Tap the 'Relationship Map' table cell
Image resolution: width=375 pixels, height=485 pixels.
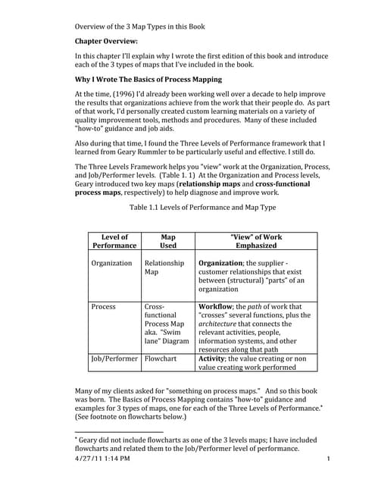[164, 268]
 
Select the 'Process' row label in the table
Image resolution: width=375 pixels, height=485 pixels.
[103, 307]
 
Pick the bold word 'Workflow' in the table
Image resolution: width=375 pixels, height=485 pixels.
[220, 307]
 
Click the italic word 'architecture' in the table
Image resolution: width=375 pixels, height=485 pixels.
[222, 324]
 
